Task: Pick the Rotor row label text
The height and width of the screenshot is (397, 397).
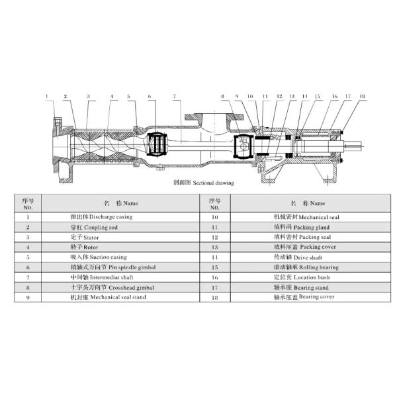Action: coord(84,246)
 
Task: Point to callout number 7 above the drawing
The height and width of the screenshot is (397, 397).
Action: coord(174,97)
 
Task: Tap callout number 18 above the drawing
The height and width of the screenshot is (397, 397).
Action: coord(362,97)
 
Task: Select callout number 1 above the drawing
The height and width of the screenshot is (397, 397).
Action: coord(47,97)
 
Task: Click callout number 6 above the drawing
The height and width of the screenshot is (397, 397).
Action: coord(150,97)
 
